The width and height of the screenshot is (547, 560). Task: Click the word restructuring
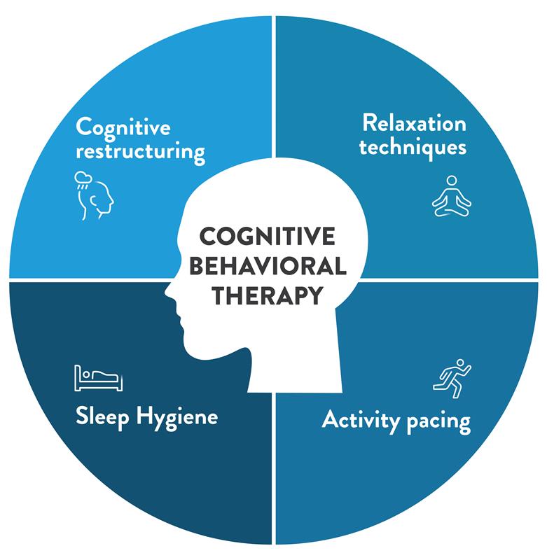click(140, 152)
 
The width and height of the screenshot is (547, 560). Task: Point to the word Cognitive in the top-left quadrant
click(123, 127)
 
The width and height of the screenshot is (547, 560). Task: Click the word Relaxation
click(414, 124)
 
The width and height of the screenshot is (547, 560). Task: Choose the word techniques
click(413, 148)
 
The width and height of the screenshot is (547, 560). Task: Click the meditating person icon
click(452, 196)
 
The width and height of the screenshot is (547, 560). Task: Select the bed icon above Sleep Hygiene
click(97, 378)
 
